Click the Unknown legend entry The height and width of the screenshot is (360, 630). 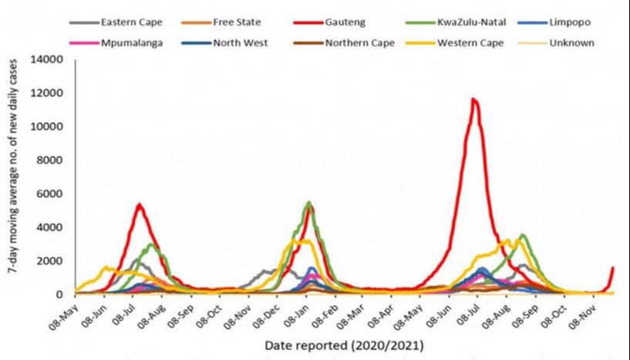click(571, 42)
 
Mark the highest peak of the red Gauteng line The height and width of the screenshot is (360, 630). click(474, 99)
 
